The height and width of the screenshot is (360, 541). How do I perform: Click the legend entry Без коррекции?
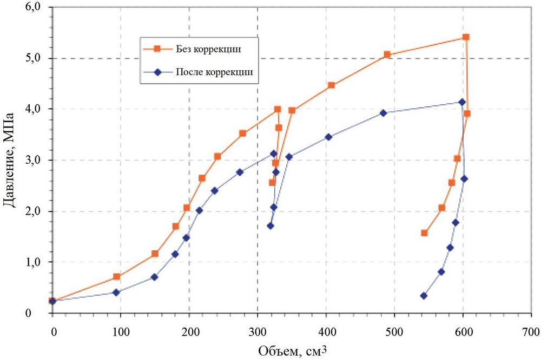tap(208, 49)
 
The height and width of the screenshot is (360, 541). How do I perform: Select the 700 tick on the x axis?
tap(531, 330)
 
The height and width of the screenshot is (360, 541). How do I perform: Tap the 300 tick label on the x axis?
tap(258, 330)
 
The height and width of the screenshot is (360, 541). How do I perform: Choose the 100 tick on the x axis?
tap(121, 330)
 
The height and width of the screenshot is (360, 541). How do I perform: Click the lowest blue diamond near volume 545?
tap(424, 296)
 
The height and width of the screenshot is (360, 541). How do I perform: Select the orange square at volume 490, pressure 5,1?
tap(387, 55)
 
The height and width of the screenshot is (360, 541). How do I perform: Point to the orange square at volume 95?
tap(116, 277)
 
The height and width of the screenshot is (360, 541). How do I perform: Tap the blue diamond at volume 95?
tap(116, 292)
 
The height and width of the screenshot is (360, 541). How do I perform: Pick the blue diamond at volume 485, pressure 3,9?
tap(384, 113)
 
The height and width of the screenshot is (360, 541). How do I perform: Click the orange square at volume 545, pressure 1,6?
tap(424, 233)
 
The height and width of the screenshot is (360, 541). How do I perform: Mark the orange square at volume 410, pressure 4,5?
tap(331, 85)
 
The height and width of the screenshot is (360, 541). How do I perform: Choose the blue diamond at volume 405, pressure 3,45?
tap(328, 137)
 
